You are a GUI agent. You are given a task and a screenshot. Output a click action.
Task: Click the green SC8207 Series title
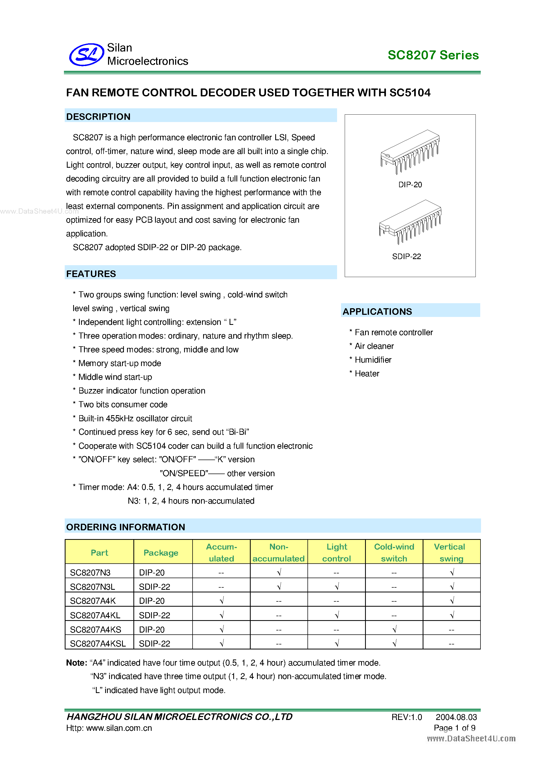tap(433, 55)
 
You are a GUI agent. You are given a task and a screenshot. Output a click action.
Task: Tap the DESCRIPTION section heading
tap(98, 117)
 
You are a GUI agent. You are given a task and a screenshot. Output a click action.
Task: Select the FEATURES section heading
tap(91, 274)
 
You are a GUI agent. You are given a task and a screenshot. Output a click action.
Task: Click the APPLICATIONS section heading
tap(377, 311)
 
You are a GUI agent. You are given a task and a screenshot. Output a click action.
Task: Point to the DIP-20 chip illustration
tap(410, 152)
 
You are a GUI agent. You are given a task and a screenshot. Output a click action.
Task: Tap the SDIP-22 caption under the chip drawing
tap(406, 256)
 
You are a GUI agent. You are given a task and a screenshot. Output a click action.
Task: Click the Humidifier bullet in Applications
tap(373, 360)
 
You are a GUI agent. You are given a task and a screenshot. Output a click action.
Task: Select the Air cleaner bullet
tap(374, 346)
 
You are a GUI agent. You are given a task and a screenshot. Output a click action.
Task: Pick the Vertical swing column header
tap(451, 553)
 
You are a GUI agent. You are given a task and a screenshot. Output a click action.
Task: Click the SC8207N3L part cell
tap(92, 587)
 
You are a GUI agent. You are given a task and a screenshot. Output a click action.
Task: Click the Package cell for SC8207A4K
tap(152, 601)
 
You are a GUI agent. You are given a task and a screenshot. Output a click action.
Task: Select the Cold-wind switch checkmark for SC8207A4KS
tap(394, 629)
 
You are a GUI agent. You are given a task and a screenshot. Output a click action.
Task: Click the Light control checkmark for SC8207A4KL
tap(337, 615)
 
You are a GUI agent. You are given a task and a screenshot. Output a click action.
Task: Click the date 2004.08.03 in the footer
tap(456, 717)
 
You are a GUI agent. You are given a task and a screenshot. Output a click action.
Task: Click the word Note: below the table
tap(77, 663)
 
